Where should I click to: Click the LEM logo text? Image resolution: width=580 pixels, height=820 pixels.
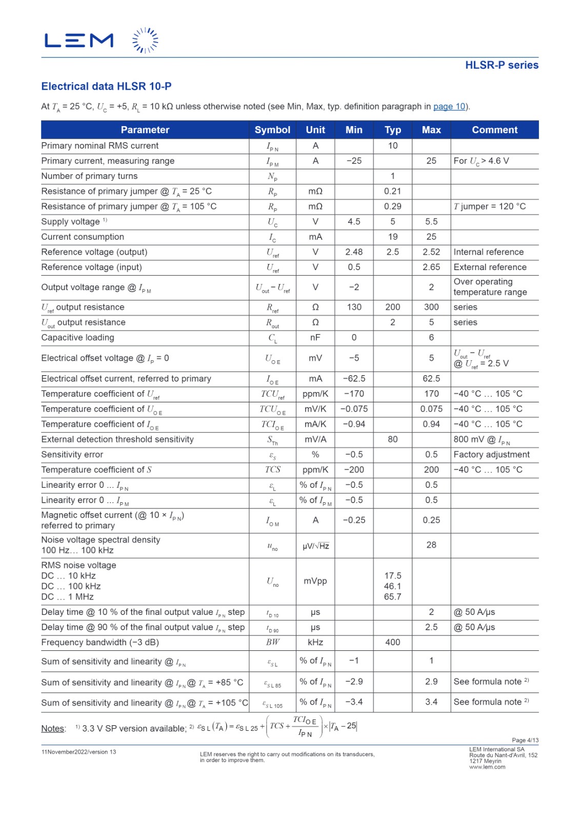[79, 40]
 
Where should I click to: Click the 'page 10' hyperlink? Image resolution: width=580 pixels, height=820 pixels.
[449, 107]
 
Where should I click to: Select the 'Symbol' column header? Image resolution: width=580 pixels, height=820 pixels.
[272, 130]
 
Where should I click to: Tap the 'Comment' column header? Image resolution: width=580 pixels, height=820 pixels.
[494, 130]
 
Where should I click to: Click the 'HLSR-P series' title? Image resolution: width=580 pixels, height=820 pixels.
[502, 65]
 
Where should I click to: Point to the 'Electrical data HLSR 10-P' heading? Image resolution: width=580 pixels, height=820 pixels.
[106, 86]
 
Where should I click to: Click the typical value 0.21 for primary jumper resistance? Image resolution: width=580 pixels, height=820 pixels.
[392, 191]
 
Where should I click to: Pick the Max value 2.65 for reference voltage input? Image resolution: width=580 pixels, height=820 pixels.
[431, 267]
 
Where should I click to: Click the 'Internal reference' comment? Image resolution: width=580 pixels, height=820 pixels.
[488, 252]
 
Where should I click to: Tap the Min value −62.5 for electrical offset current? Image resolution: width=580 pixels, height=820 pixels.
[354, 379]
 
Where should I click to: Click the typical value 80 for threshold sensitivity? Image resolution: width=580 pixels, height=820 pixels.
[392, 439]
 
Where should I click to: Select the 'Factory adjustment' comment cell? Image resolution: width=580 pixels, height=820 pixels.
[491, 455]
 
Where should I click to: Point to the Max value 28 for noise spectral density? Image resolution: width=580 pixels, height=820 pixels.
[431, 545]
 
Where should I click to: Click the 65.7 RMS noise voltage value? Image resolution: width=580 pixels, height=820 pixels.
[392, 597]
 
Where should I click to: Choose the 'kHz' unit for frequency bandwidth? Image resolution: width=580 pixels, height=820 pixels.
[315, 642]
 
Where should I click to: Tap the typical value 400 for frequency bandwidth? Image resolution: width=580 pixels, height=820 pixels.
[392, 642]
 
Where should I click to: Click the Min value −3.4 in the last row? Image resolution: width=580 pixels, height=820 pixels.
[354, 702]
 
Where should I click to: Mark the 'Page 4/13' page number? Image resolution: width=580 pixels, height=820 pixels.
[525, 740]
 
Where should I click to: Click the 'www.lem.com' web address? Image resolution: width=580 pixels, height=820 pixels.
[487, 767]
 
